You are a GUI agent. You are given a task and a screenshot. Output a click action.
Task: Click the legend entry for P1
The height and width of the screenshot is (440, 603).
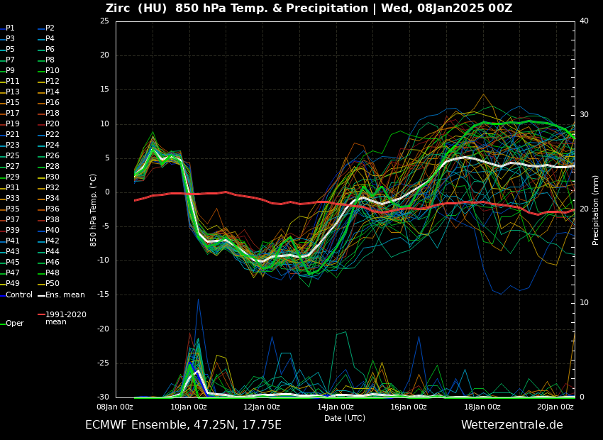tap(10, 28)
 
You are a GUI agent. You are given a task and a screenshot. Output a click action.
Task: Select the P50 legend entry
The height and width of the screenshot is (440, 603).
tap(52, 284)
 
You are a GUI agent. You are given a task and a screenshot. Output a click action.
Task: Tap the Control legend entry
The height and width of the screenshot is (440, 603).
tap(19, 295)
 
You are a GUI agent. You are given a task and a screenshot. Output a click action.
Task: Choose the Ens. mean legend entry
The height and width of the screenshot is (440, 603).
tap(65, 295)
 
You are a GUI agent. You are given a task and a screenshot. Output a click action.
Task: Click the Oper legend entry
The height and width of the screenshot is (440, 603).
tap(14, 324)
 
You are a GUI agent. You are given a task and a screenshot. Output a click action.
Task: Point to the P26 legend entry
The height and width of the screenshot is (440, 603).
tap(52, 156)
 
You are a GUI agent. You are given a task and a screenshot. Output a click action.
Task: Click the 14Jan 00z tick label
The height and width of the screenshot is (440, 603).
tap(336, 407)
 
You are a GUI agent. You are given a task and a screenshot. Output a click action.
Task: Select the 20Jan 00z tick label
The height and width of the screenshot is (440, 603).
tap(555, 407)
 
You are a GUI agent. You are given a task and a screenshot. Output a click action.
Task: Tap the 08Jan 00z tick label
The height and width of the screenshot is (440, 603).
tap(115, 407)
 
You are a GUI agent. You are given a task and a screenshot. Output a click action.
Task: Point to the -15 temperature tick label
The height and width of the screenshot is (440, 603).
tap(103, 295)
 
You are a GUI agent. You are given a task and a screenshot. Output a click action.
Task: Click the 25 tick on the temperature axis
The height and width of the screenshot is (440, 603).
tap(104, 21)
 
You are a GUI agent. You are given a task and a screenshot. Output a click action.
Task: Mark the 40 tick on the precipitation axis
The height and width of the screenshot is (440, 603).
tap(584, 21)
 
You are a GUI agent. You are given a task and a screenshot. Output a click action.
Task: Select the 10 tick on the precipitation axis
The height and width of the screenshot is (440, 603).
tap(584, 303)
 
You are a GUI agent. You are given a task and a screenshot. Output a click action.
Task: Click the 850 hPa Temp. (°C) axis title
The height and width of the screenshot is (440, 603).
tap(94, 209)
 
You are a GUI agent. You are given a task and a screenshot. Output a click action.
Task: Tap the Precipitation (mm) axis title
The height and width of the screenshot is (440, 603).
tap(596, 209)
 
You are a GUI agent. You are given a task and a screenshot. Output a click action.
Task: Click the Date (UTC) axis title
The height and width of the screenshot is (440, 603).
tap(345, 418)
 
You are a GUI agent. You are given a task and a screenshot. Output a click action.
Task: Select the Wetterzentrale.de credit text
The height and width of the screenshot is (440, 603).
tap(511, 425)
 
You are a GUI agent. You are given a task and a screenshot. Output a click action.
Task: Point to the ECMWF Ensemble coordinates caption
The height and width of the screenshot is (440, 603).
tap(183, 425)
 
